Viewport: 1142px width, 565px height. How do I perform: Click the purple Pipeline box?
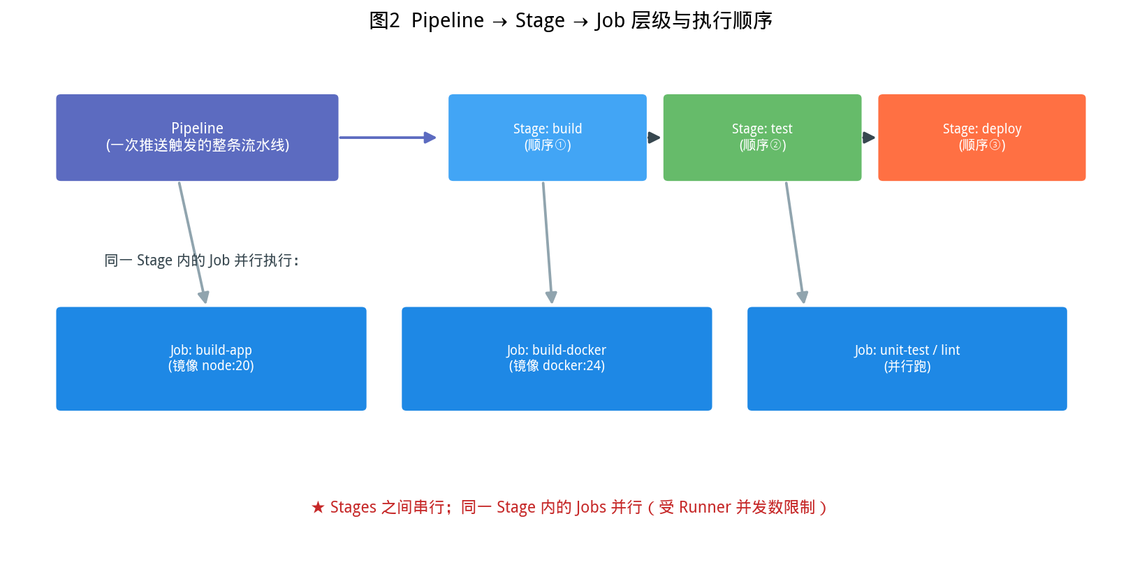197,137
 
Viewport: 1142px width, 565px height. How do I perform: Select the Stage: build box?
548,137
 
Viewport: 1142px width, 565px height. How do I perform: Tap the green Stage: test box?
762,137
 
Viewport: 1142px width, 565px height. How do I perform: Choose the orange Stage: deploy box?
982,137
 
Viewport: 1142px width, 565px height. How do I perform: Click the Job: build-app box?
211,358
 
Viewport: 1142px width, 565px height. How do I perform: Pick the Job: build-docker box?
557,358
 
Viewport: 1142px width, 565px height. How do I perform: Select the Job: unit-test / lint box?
907,358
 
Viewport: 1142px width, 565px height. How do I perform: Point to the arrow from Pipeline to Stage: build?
388,137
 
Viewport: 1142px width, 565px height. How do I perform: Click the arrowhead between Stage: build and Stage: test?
654,137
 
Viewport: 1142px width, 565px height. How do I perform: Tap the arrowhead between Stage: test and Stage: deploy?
869,137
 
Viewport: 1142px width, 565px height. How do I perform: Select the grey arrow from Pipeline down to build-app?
192,243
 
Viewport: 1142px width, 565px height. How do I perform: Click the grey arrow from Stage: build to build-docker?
548,243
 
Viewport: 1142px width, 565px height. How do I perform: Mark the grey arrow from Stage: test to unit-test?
795,243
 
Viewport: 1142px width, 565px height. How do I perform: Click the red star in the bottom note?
318,507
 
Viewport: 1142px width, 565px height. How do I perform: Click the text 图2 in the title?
384,21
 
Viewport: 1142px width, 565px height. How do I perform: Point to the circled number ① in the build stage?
559,145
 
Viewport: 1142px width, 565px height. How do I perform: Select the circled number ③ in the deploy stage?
994,145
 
